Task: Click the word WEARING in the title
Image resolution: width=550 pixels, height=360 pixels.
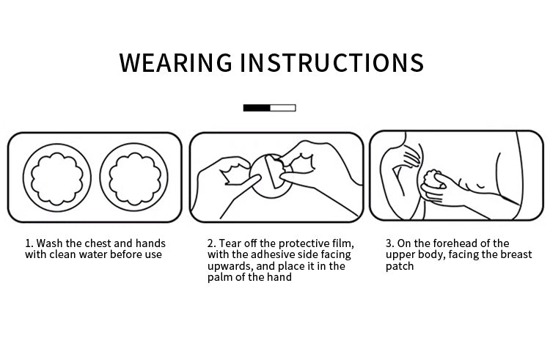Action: (176, 63)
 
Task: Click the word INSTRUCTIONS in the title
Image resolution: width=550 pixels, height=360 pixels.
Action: (332, 63)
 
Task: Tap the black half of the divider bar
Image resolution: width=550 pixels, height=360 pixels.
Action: (257, 108)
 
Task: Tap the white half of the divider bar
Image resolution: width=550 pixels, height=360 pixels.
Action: (283, 108)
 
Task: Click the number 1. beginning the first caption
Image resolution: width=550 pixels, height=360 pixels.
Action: (29, 243)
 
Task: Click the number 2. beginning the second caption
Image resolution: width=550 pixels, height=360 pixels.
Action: (211, 243)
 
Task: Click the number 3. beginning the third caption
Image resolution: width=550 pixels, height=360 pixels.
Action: (389, 243)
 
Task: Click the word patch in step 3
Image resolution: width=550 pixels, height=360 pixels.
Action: (400, 266)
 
